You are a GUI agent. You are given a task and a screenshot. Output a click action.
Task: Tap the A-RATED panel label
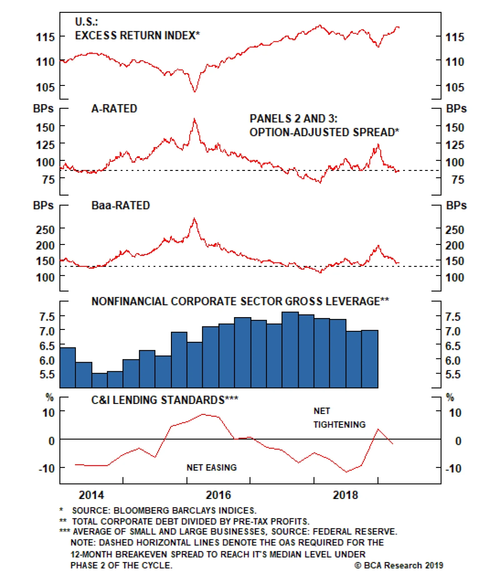click(114, 108)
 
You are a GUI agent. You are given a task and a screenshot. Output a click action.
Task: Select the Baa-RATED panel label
click(121, 205)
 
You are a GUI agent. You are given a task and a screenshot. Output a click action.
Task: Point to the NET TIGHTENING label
click(339, 417)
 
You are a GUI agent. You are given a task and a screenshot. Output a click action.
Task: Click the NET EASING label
click(212, 467)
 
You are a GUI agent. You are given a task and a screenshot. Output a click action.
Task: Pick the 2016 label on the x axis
click(218, 495)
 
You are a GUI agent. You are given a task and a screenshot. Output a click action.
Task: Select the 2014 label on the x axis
click(91, 495)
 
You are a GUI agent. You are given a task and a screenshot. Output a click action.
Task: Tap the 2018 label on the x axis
click(345, 495)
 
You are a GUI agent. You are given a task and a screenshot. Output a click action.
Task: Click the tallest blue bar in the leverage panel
click(290, 350)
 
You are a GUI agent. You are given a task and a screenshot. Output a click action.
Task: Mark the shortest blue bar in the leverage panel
click(100, 380)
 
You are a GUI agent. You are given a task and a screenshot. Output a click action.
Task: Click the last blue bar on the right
click(370, 359)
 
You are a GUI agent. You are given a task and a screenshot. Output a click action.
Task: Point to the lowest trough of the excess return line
click(195, 92)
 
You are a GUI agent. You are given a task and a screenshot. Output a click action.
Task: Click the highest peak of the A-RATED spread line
click(194, 119)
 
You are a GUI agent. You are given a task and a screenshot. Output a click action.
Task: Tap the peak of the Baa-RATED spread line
click(194, 218)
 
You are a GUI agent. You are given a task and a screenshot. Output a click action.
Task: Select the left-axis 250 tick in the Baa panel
click(45, 230)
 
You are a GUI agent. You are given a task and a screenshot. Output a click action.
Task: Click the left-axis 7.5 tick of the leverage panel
click(47, 316)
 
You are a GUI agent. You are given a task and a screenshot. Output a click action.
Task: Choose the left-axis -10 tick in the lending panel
click(47, 468)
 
